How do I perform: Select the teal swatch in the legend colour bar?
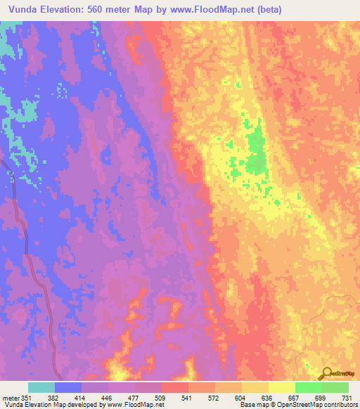41,387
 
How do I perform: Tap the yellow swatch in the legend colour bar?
281,387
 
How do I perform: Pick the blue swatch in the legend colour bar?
68,387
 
